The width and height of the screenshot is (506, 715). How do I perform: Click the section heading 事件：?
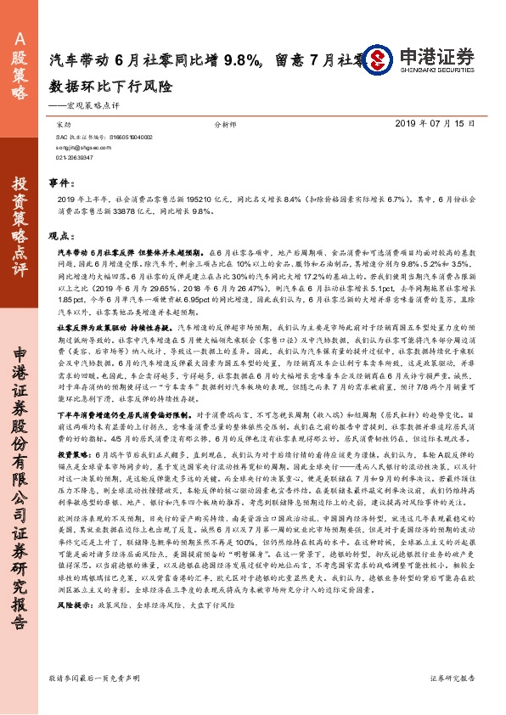[60, 183]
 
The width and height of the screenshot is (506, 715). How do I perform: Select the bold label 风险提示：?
[74, 628]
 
